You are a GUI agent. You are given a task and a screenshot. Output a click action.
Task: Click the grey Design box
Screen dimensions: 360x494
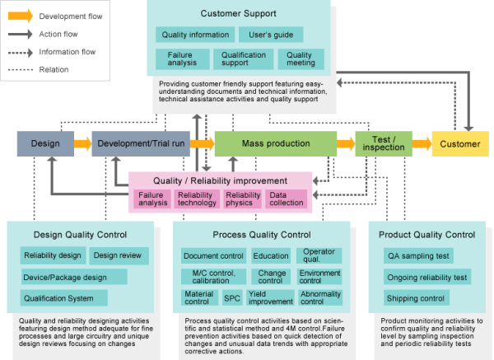click(x=45, y=144)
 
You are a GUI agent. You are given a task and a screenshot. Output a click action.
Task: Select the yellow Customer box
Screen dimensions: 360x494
click(x=459, y=144)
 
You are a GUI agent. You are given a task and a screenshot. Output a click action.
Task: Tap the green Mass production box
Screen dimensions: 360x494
click(x=275, y=144)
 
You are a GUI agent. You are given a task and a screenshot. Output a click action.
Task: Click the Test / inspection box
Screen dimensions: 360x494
click(x=384, y=144)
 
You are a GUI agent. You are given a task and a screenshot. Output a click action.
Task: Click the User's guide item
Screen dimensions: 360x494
click(x=271, y=35)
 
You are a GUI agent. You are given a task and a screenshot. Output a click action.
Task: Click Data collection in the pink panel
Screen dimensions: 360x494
click(x=287, y=199)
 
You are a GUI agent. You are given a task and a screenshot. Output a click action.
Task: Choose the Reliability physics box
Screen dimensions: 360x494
click(x=243, y=199)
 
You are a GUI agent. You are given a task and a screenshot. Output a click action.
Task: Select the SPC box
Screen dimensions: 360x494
click(x=232, y=297)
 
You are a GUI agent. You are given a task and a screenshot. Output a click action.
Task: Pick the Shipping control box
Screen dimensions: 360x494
click(x=416, y=298)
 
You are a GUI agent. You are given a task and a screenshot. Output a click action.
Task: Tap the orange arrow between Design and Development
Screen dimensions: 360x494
click(x=82, y=144)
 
